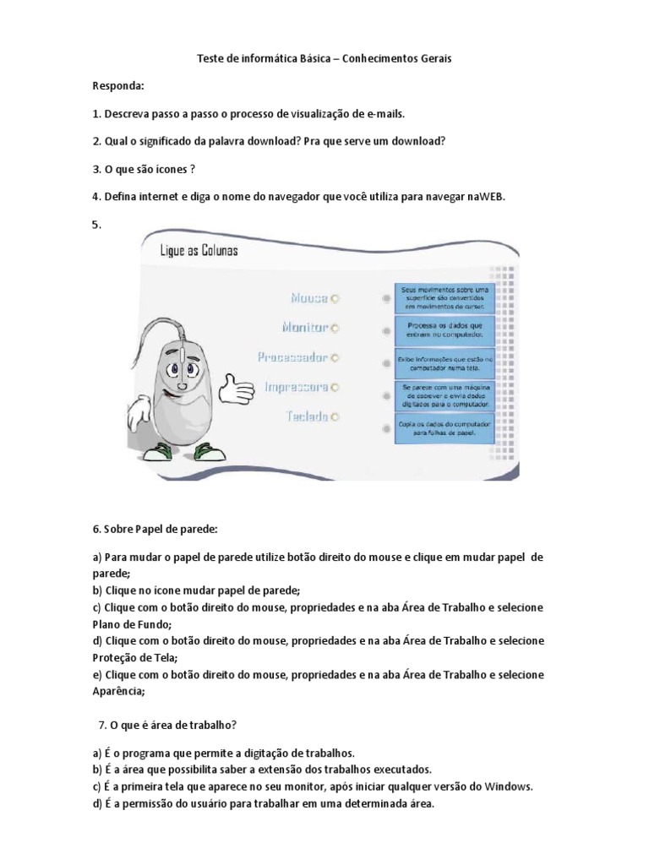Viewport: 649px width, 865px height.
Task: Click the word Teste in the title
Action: pyautogui.click(x=210, y=58)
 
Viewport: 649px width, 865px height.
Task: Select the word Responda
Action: pyautogui.click(x=117, y=86)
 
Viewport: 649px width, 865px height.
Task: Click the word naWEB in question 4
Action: pyautogui.click(x=489, y=197)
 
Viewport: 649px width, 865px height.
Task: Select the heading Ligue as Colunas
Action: pyautogui.click(x=199, y=251)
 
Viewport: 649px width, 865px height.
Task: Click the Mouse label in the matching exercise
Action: pyautogui.click(x=309, y=298)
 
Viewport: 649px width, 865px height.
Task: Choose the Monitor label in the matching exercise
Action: pyautogui.click(x=304, y=327)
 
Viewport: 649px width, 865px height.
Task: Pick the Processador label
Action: pyautogui.click(x=292, y=357)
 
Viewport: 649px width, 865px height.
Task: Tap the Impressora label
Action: pyautogui.click(x=297, y=387)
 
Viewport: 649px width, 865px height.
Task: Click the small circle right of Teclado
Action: pyautogui.click(x=335, y=416)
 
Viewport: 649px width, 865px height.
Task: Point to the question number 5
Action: pyautogui.click(x=95, y=225)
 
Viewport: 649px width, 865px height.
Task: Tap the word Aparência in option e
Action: pyautogui.click(x=118, y=691)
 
